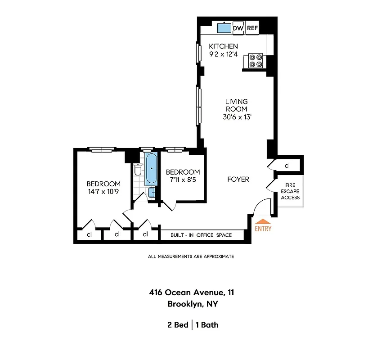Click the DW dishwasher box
[238, 28]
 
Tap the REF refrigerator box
[252, 28]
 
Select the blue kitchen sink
[224, 28]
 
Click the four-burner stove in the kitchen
[256, 61]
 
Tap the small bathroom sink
[152, 193]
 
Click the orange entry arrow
[263, 221]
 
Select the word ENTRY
[263, 229]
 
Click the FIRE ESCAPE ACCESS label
[290, 191]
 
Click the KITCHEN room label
[224, 46]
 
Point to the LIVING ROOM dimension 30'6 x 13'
[236, 117]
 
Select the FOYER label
[238, 180]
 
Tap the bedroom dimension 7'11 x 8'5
[183, 180]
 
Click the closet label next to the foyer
[287, 166]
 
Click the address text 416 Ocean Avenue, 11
[192, 292]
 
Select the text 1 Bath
[207, 324]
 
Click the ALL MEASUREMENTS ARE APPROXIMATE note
[191, 256]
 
